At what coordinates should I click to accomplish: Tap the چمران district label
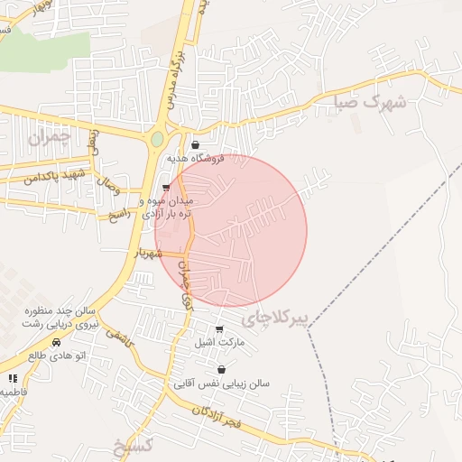pos(48,137)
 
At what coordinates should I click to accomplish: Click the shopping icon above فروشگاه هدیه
pos(195,143)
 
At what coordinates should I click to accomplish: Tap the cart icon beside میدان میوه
pos(165,188)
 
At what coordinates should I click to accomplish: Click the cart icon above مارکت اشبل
pos(219,329)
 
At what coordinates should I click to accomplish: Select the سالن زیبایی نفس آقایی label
pos(222,383)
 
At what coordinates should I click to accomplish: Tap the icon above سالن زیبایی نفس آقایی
pos(222,370)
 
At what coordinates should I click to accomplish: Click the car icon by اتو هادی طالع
pos(57,343)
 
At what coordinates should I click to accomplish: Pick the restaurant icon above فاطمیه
pos(13,378)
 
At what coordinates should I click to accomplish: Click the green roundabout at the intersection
pos(158,140)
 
